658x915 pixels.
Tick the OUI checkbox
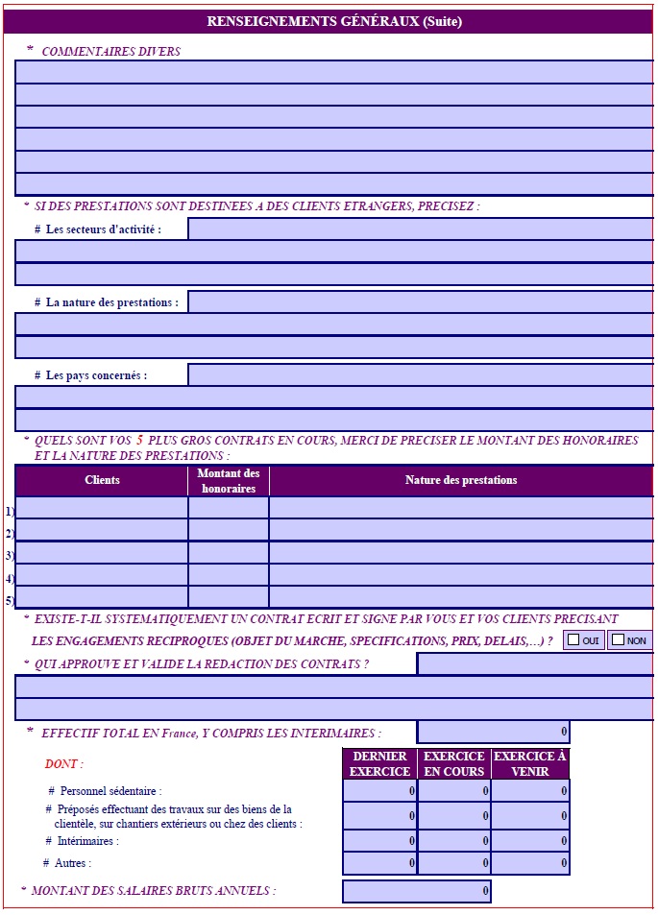[573, 640]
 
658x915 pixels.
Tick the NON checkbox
[618, 640]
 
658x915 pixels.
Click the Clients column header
[102, 480]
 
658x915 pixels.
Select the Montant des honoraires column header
[229, 480]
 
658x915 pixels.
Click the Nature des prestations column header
[461, 480]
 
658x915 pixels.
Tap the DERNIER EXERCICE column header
[379, 764]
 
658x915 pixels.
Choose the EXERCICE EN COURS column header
[454, 764]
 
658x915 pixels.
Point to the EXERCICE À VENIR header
[530, 764]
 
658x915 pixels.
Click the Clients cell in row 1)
[102, 508]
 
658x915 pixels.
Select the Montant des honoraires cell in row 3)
[229, 553]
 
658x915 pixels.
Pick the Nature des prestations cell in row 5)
[461, 598]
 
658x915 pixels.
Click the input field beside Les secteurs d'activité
[420, 229]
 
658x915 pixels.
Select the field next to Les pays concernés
[420, 374]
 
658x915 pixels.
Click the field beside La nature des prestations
[420, 301]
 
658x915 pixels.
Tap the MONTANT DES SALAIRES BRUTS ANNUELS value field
[416, 892]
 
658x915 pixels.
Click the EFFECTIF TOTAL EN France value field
[493, 733]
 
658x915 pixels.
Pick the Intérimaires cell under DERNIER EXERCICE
[379, 840]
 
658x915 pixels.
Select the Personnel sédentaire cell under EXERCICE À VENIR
[530, 790]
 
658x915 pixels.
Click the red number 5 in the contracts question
[139, 440]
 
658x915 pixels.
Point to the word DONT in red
[63, 764]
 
